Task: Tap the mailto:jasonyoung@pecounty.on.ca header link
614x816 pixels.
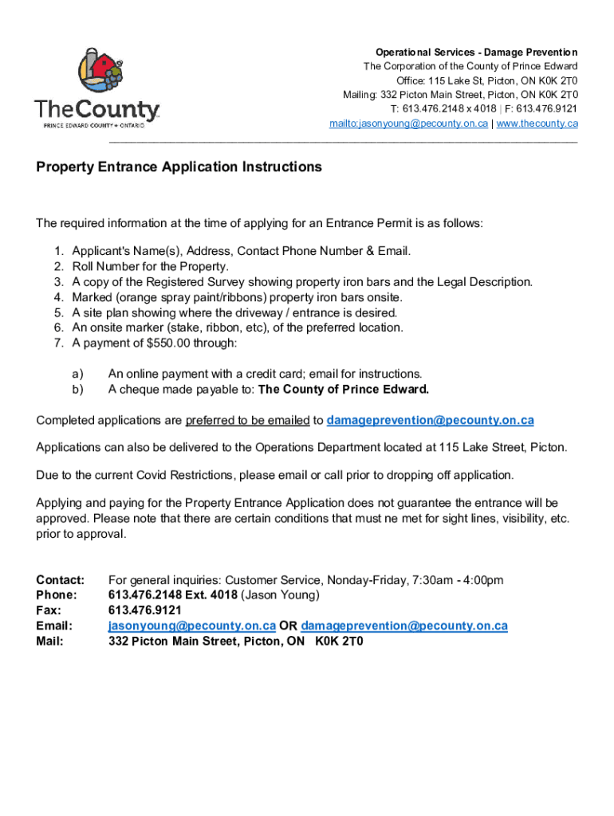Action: click(408, 124)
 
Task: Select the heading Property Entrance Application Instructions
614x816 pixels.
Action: click(179, 167)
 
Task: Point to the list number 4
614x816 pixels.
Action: click(58, 297)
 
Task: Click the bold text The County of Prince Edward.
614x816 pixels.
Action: click(344, 390)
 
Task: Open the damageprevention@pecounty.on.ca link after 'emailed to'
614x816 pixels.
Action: click(430, 420)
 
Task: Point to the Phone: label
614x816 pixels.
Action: click(57, 595)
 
